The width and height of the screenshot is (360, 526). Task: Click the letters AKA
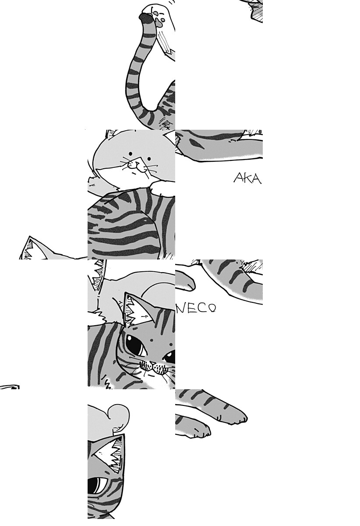pyautogui.click(x=247, y=178)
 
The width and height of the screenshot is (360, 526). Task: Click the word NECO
pyautogui.click(x=196, y=308)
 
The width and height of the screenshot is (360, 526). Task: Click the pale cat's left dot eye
pyautogui.click(x=131, y=154)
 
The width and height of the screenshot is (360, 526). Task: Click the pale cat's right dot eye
pyautogui.click(x=149, y=159)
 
